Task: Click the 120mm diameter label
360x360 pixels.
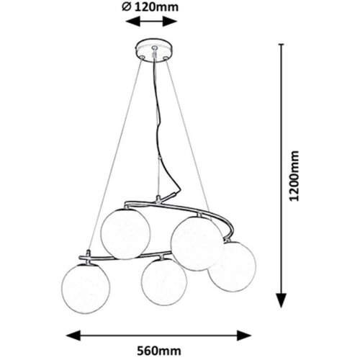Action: tap(150, 7)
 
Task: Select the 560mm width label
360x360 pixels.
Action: tap(159, 351)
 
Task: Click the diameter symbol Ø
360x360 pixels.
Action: tap(126, 7)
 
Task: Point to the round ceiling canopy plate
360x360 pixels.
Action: tap(155, 51)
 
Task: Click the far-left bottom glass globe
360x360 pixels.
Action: tap(86, 289)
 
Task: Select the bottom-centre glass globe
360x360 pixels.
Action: tap(164, 282)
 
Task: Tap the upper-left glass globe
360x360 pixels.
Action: tap(125, 233)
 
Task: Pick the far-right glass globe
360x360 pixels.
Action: tap(233, 266)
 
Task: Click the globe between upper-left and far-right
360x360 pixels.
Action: tap(197, 243)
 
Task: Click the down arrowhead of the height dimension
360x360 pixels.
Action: tap(282, 300)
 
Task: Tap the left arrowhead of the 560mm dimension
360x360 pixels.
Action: tap(73, 336)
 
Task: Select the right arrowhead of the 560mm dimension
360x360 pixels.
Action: tap(244, 336)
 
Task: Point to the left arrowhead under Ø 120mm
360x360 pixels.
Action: tap(133, 22)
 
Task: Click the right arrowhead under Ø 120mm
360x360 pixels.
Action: tap(170, 22)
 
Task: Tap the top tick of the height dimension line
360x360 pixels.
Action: tap(282, 44)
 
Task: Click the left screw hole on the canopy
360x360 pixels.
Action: tap(143, 57)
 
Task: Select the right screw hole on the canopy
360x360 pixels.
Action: tap(165, 58)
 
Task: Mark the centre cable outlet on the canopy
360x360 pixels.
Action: tap(154, 48)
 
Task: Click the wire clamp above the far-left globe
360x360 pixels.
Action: tap(89, 255)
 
